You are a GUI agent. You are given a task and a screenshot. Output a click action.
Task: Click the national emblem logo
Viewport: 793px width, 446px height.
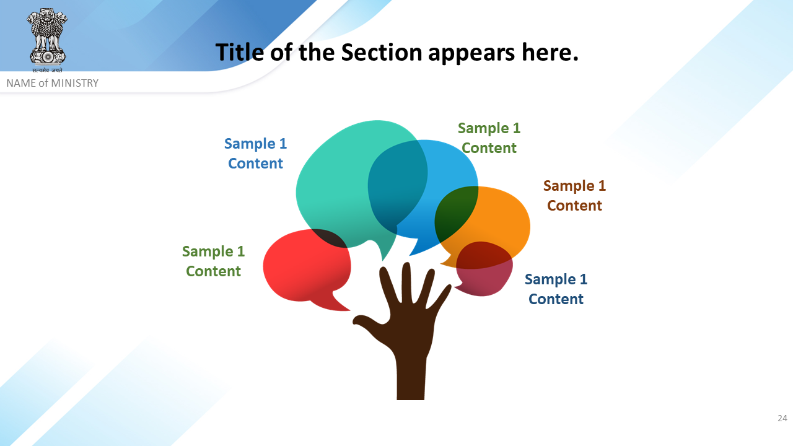(x=47, y=40)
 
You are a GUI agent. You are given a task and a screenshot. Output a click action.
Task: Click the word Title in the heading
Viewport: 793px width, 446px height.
(x=240, y=53)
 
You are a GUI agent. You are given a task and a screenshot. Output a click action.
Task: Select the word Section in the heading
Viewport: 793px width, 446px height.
(x=381, y=53)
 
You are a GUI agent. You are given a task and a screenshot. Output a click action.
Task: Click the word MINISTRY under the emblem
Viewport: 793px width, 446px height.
(x=75, y=83)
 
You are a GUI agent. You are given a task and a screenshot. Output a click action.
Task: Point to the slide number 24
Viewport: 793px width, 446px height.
(x=782, y=418)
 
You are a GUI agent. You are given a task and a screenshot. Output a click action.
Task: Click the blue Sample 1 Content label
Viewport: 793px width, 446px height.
(x=255, y=153)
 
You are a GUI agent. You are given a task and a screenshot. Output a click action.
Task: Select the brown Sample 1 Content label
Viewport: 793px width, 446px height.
(x=574, y=195)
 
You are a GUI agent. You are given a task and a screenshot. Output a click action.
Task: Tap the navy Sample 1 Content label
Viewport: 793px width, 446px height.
(x=556, y=289)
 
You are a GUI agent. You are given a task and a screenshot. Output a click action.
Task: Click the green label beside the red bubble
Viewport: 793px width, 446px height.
(x=213, y=261)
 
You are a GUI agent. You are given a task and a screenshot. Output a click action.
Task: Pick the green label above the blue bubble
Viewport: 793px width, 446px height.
(x=489, y=138)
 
